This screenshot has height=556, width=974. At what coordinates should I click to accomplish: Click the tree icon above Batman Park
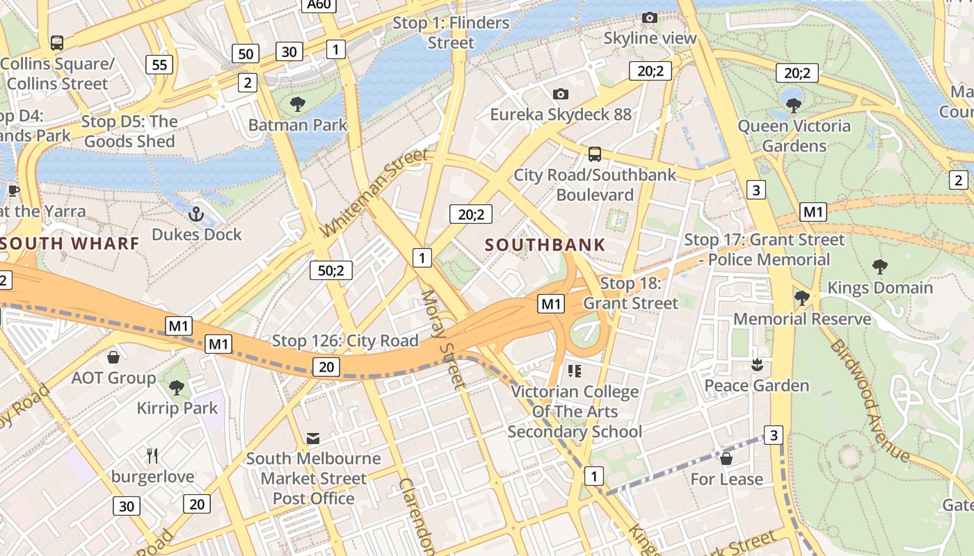pos(298,105)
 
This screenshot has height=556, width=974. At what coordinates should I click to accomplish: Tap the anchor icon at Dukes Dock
pos(196,213)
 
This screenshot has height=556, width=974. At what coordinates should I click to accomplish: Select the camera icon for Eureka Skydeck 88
pos(561,94)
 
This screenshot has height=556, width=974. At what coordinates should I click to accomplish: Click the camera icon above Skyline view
pos(650,17)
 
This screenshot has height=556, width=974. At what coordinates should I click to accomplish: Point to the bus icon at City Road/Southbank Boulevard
pos(594,154)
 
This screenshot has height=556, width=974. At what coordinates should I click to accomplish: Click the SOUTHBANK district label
pos(545,245)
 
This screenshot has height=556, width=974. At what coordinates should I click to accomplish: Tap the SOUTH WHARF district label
pos(70,243)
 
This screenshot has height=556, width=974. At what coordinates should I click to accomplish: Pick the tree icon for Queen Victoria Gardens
pos(793,106)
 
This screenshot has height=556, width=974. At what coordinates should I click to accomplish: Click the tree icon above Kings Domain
pos(880,266)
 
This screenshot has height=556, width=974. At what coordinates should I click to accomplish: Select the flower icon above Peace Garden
pos(757,364)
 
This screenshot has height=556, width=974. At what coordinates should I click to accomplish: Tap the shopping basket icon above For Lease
pos(726,459)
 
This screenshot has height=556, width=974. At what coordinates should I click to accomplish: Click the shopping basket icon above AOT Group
pos(113,357)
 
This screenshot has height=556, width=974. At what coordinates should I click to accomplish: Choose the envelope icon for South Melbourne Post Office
pos(313,438)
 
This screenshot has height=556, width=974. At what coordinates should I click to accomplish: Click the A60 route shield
pos(320,6)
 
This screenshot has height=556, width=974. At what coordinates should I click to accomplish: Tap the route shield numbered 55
pos(159,65)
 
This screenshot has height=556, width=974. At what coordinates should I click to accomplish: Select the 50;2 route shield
pos(331,270)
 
